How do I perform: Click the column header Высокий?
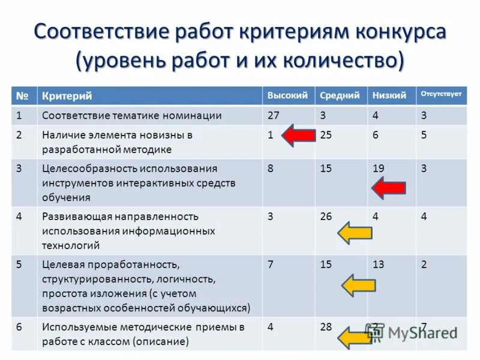[x=287, y=95]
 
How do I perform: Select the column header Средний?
[x=340, y=95]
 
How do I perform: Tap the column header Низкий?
[x=389, y=95]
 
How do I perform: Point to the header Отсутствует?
[x=441, y=94]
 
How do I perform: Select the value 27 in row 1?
[x=272, y=115]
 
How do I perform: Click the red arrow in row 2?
[x=298, y=135]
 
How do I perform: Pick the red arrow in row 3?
[x=388, y=188]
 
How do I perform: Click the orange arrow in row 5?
[x=358, y=284]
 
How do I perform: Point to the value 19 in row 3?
[x=378, y=169]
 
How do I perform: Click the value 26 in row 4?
[x=326, y=217]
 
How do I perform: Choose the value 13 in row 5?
[x=378, y=264]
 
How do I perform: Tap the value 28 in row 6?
[x=326, y=327]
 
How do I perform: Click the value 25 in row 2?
[x=326, y=135]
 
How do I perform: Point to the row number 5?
[x=20, y=264]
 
